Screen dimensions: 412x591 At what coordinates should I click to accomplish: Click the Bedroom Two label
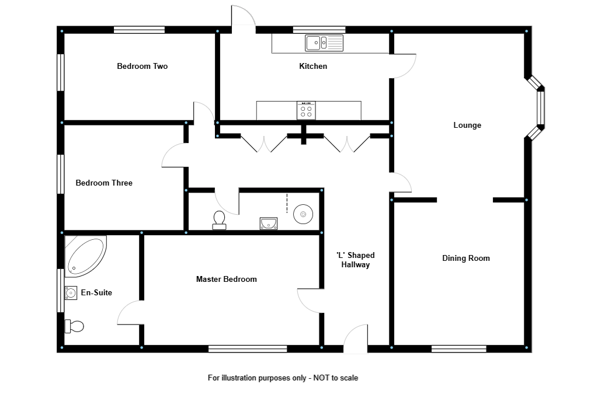point(142,67)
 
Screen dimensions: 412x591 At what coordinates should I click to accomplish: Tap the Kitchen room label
point(313,67)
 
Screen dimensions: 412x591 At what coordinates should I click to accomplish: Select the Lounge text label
point(467,125)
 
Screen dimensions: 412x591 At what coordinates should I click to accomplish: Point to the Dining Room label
point(465,259)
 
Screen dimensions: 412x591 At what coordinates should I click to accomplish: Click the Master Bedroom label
point(226,280)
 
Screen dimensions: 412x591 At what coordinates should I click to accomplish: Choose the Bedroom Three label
point(104,183)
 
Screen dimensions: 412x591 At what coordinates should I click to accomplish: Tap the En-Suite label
point(96,293)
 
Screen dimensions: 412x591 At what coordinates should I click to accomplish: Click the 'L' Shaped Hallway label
point(355,260)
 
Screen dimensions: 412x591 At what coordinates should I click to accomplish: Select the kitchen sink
point(324,43)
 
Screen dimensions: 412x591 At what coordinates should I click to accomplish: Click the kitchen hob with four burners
point(307,110)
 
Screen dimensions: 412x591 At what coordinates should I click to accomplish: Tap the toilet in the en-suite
point(74,326)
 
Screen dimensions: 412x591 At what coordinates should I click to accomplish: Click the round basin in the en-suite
point(71,292)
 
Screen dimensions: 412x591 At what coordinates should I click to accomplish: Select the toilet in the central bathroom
point(220,220)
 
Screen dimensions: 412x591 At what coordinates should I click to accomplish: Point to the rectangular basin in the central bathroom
point(269,223)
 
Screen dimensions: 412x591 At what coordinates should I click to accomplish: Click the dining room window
point(458,349)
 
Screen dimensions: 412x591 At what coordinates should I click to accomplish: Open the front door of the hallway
point(355,341)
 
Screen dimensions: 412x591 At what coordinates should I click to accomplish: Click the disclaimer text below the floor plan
point(283,378)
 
